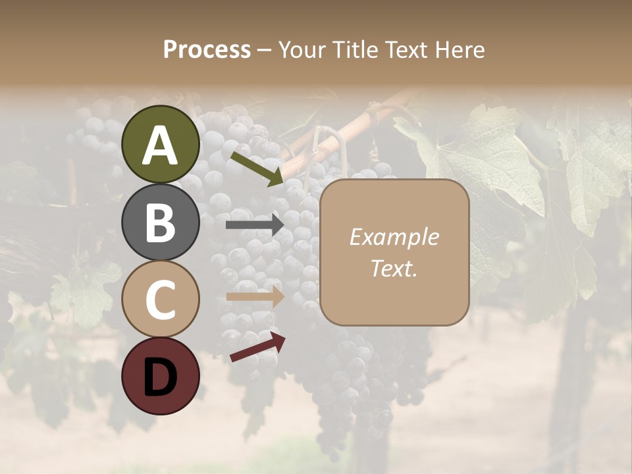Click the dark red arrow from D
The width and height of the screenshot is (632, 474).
point(257,348)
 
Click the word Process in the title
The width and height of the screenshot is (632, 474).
point(207,49)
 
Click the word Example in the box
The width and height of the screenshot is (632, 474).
point(394,237)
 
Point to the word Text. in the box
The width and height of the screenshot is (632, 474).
point(394,269)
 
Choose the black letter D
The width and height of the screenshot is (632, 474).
point(161,377)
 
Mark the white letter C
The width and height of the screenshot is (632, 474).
point(161,300)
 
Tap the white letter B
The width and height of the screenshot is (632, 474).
point(161,223)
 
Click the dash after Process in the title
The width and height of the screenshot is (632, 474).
point(264,50)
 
